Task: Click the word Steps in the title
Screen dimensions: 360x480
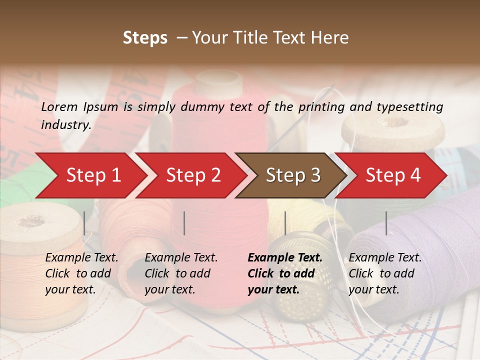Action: (145, 38)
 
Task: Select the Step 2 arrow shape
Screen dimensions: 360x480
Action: (192, 175)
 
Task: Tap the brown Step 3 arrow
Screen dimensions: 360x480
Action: (292, 175)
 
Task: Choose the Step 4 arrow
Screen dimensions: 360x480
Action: (392, 175)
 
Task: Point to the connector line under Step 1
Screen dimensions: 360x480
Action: (84, 223)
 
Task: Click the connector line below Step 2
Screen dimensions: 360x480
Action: (184, 223)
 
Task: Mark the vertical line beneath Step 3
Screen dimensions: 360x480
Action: (285, 223)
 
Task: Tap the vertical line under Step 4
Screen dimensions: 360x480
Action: (386, 223)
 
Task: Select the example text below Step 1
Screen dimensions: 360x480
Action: (81, 273)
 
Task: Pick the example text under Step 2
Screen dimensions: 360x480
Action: (181, 273)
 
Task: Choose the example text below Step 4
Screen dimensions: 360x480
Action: (385, 273)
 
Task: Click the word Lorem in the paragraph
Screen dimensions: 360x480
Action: (59, 107)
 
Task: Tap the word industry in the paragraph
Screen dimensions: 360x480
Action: (65, 125)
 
